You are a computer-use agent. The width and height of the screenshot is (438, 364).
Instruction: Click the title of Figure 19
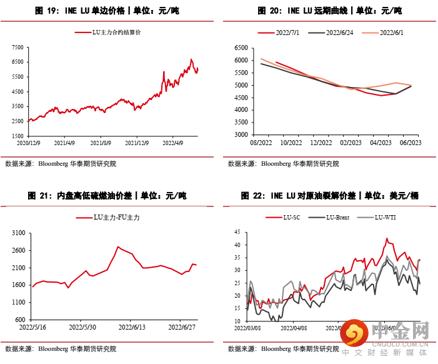(107, 11)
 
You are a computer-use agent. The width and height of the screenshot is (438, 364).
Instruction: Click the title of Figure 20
(330, 11)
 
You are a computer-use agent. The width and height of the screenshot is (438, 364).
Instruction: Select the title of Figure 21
(107, 196)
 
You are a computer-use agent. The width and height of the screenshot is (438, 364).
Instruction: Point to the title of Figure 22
(330, 196)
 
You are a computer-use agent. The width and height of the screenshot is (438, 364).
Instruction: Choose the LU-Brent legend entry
(332, 217)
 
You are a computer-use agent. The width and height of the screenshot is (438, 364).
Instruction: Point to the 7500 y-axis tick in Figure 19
(17, 48)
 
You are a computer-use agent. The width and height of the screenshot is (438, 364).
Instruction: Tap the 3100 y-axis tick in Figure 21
(17, 233)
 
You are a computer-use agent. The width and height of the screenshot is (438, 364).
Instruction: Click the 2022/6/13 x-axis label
(132, 327)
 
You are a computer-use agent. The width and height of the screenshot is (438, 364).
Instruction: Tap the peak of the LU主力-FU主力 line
(118, 246)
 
